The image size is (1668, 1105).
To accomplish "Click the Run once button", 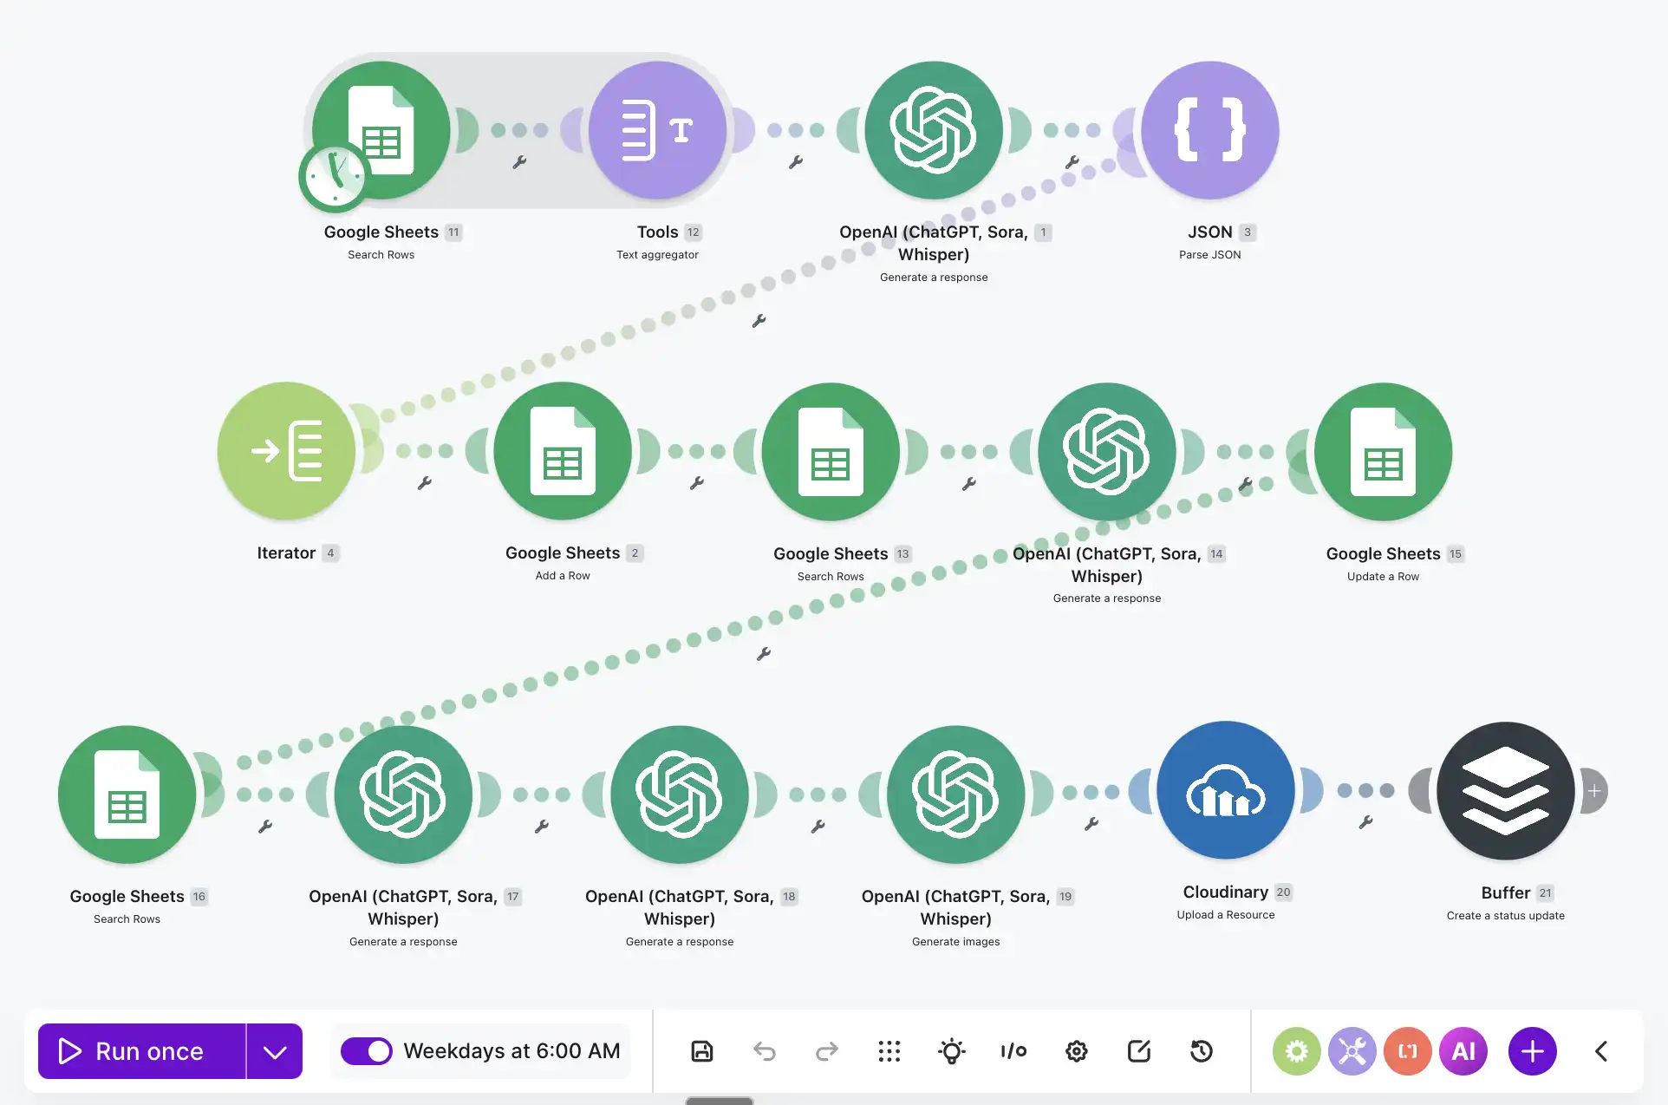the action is (142, 1051).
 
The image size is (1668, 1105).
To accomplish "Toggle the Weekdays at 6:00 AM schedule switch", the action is (366, 1051).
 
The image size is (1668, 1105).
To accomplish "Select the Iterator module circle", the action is (286, 451).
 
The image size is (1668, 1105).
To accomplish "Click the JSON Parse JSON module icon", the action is (1210, 130).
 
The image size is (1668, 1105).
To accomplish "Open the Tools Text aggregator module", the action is (657, 130).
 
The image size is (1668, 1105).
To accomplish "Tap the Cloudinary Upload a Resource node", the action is (1226, 790).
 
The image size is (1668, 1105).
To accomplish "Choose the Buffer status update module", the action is (1506, 791).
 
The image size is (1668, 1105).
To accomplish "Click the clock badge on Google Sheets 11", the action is (335, 177).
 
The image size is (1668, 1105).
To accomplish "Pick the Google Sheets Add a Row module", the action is (563, 451).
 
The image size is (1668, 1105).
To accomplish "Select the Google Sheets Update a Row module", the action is (1384, 452).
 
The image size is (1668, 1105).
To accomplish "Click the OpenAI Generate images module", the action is (955, 794).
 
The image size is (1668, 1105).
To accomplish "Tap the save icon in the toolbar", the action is (702, 1051).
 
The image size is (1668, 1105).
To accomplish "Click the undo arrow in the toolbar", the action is (765, 1051).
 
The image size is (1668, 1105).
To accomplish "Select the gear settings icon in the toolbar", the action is (1077, 1051).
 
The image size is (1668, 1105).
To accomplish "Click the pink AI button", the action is (1463, 1051).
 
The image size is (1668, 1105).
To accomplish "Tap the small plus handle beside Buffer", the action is (1594, 791).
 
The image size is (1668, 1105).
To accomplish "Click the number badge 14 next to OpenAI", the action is (1216, 553).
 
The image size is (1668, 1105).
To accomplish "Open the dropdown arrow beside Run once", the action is (275, 1051).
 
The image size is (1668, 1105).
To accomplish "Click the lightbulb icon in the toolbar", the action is (952, 1051).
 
